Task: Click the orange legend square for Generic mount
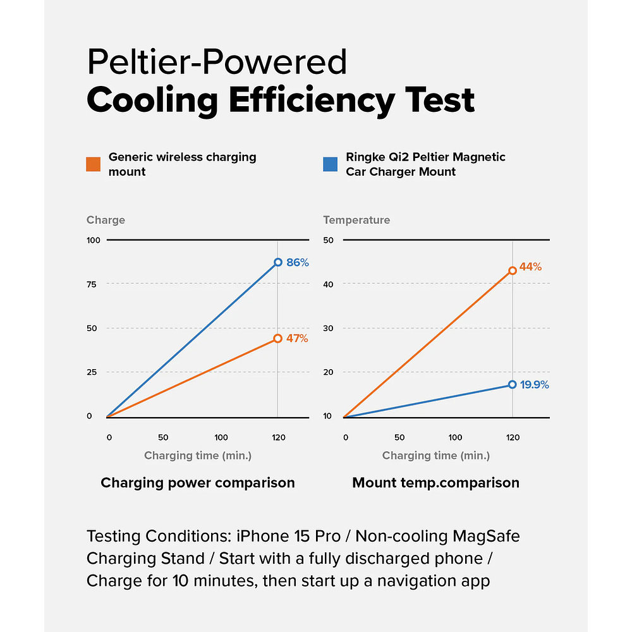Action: click(94, 164)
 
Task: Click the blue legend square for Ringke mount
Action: click(331, 164)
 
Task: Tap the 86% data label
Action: click(298, 262)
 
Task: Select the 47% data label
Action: click(297, 339)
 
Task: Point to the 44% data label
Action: click(531, 267)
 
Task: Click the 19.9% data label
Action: click(535, 384)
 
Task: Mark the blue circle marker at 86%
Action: click(277, 262)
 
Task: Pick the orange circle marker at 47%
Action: click(277, 339)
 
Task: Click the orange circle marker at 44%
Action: click(513, 270)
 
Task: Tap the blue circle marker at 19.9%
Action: click(513, 384)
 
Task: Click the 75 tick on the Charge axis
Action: click(92, 284)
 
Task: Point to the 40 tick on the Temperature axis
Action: click(328, 284)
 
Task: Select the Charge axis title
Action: click(106, 220)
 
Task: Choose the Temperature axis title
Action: click(356, 220)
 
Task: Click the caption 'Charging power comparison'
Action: click(198, 483)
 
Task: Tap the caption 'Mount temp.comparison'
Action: click(435, 483)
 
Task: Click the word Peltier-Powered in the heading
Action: click(217, 62)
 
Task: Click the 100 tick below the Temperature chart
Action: click(455, 437)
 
